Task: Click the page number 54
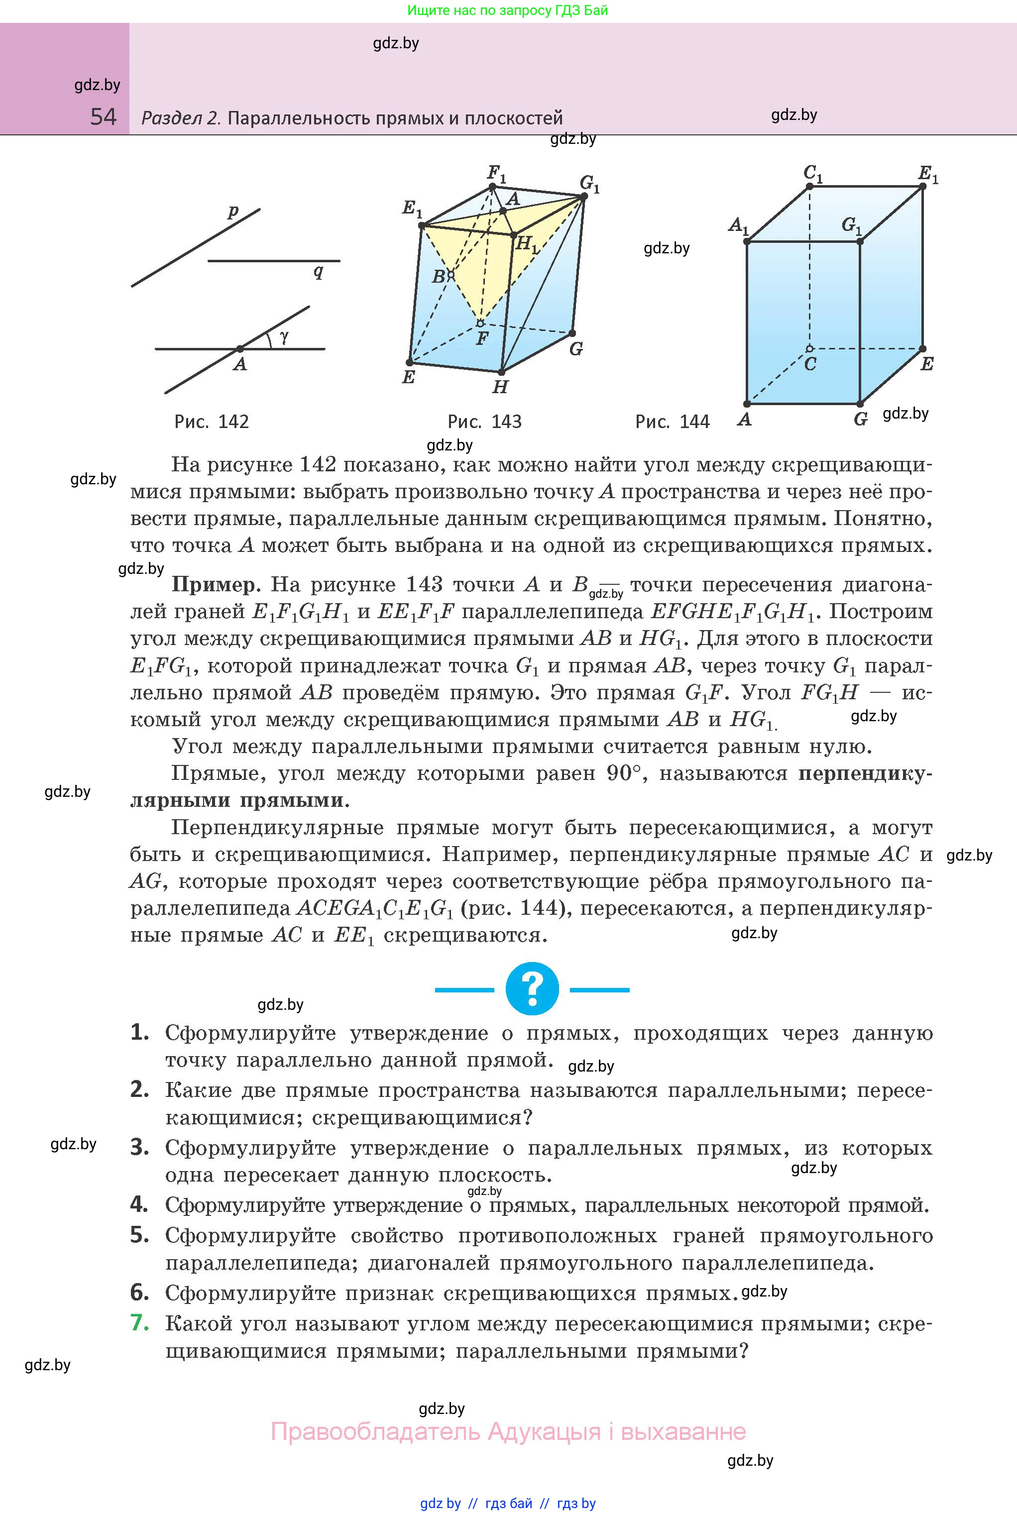click(103, 117)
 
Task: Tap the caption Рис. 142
click(212, 422)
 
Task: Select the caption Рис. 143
click(484, 422)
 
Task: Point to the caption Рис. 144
click(672, 422)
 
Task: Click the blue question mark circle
click(532, 989)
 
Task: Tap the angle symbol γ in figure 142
click(284, 336)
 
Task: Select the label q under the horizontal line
click(318, 271)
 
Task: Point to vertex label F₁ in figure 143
click(496, 173)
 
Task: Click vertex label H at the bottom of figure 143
click(499, 387)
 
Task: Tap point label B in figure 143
click(439, 277)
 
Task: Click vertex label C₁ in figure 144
click(813, 174)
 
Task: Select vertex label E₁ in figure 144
click(928, 174)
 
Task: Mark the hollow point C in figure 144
click(809, 349)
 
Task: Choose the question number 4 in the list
click(139, 1205)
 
